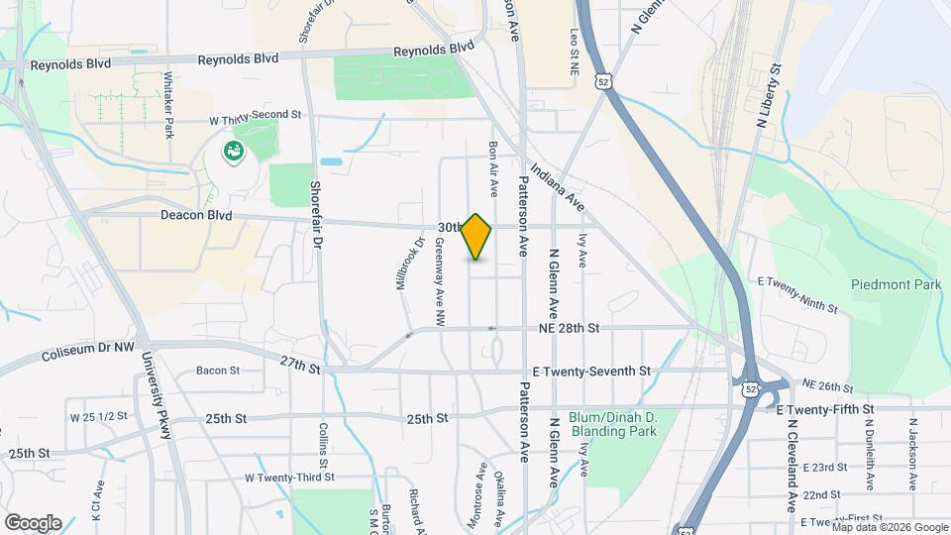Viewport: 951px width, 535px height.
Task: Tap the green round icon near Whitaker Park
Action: [234, 152]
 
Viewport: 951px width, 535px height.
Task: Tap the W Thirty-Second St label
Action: [255, 115]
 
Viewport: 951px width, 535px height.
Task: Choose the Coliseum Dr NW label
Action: [88, 353]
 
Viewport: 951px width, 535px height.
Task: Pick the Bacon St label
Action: [218, 371]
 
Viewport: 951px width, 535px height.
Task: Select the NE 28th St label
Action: [570, 327]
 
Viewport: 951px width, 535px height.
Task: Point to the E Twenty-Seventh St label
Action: [590, 371]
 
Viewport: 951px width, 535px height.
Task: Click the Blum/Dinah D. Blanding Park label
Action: [621, 424]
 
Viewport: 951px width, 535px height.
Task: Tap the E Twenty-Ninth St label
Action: [797, 295]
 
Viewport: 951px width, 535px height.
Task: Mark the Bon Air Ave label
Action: [492, 166]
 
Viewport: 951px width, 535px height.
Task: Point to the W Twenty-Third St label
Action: [290, 477]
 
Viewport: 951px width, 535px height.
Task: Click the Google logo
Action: [33, 522]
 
